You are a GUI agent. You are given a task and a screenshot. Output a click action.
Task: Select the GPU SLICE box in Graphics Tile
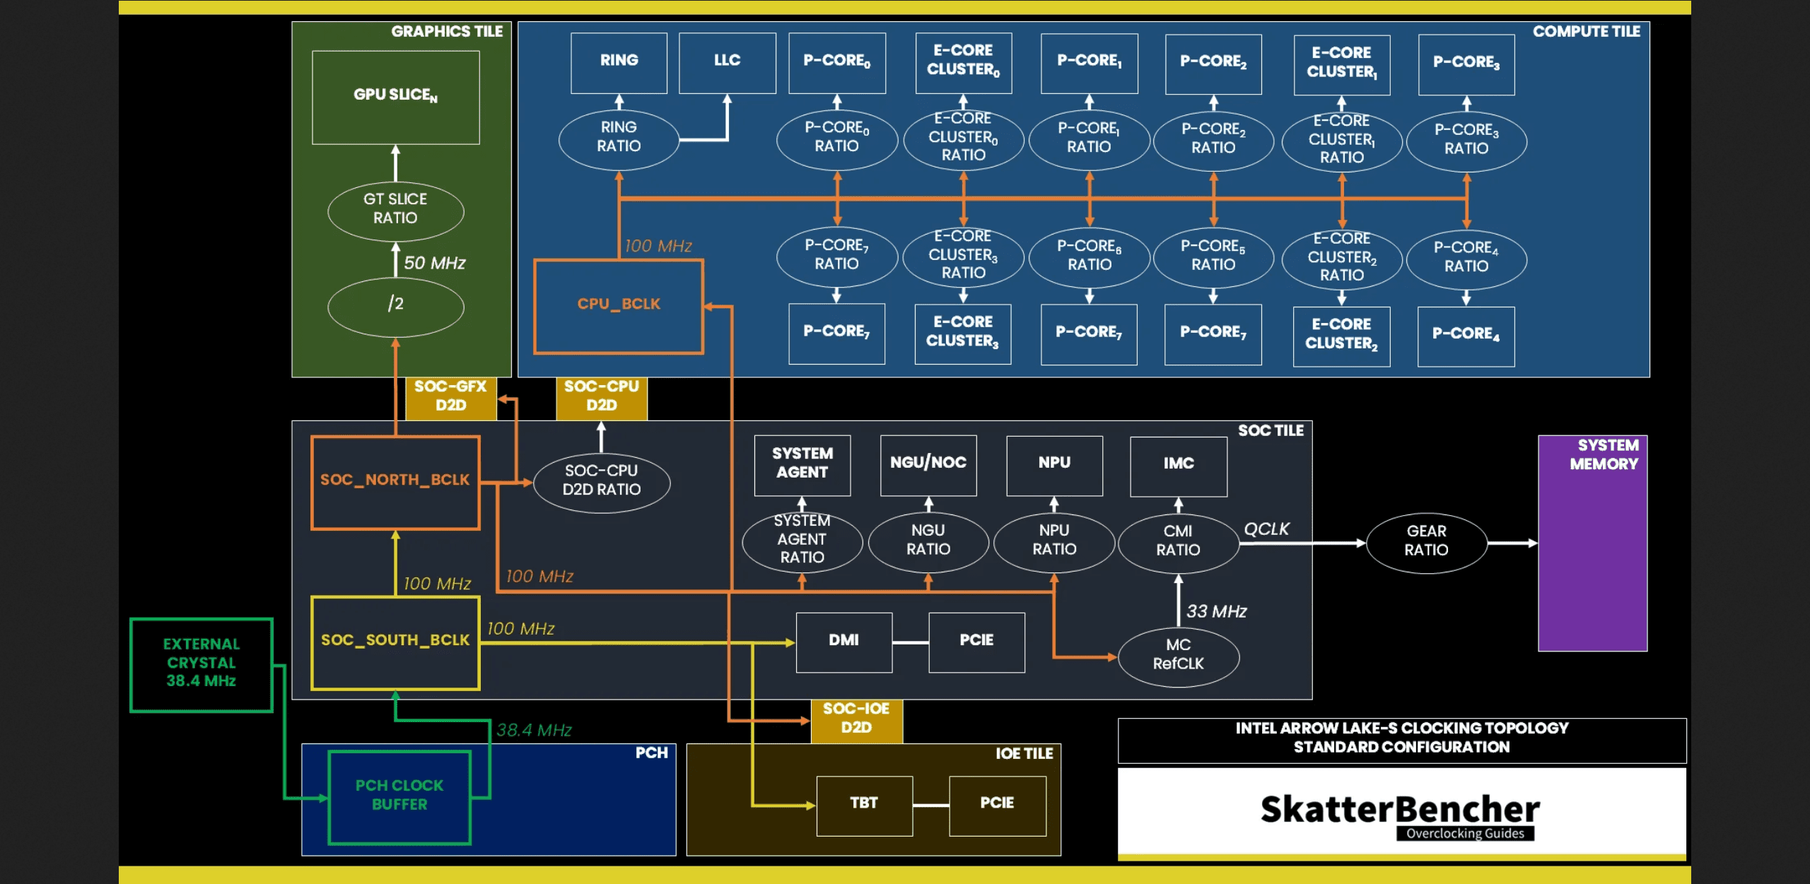pos(395,97)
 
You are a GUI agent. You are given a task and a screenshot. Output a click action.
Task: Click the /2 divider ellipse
pos(395,305)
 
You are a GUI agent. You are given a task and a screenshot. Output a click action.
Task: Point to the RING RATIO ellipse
pos(619,138)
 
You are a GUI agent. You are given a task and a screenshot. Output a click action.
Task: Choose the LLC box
pos(727,62)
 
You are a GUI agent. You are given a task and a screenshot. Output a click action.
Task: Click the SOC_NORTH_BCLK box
pos(395,482)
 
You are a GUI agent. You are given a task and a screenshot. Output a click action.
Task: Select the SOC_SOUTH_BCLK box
pos(395,642)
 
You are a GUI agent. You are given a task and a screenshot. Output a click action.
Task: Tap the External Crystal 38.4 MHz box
pos(202,664)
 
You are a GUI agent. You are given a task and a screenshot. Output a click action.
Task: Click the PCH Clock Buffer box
pos(399,796)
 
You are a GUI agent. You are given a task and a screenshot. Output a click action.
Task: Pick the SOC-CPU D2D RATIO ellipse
pos(601,481)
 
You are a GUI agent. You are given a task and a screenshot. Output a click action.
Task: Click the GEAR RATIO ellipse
pos(1426,542)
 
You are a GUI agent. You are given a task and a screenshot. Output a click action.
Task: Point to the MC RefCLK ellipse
pos(1178,656)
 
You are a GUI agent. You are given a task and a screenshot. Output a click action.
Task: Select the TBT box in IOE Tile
pos(864,804)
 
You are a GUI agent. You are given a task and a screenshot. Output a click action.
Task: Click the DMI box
pos(843,641)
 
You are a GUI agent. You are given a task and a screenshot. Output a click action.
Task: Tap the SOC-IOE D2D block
pos(856,719)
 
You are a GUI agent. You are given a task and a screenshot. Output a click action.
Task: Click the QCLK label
pos(1266,529)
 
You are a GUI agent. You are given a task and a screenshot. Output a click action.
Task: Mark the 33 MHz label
pos(1216,612)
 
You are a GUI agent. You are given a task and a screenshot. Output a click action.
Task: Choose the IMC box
pos(1179,465)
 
